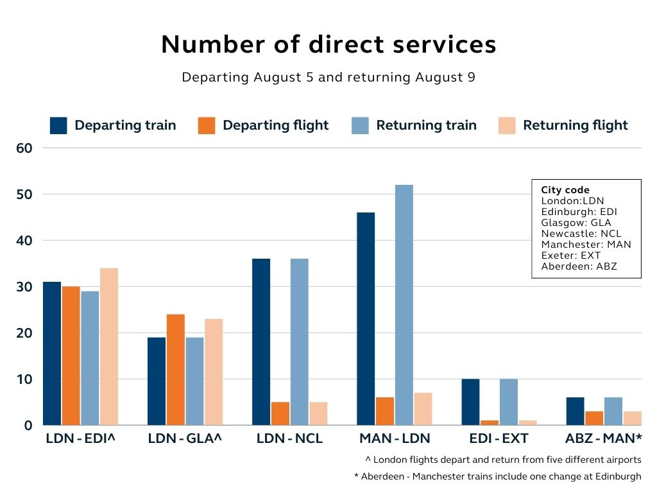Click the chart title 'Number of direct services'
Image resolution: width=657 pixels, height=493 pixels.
328,44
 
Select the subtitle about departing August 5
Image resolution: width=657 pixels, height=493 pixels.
328,77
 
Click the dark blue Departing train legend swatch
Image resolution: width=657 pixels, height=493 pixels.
58,125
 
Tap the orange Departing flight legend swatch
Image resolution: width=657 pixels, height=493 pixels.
207,125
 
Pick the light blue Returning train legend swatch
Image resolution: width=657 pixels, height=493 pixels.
360,125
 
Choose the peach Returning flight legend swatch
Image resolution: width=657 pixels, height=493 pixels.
507,125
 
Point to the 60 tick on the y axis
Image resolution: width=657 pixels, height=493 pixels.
24,148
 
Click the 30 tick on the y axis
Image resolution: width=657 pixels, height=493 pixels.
24,287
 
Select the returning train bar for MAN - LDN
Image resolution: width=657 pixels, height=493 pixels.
404,305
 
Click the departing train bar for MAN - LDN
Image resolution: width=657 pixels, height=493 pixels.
366,318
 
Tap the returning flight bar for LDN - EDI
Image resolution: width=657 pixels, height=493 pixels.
109,347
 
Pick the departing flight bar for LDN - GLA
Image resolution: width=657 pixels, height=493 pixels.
176,369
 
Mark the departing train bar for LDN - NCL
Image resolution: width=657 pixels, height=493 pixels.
261,342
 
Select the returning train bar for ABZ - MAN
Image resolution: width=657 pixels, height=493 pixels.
613,411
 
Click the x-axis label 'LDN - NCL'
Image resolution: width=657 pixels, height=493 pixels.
289,439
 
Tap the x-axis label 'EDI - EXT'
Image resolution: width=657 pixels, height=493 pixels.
499,439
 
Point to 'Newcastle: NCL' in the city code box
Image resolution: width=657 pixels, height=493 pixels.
581,234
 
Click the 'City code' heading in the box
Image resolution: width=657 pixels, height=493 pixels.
565,190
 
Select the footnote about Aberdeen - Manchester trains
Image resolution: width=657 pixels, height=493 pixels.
497,476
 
